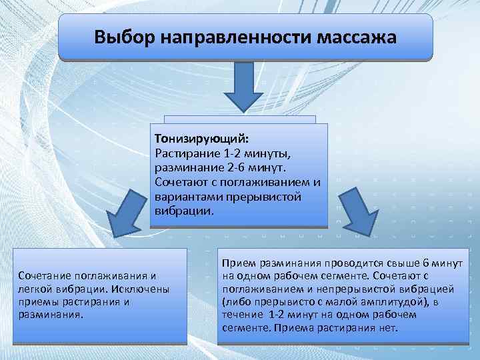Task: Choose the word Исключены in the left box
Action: click(x=142, y=289)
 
